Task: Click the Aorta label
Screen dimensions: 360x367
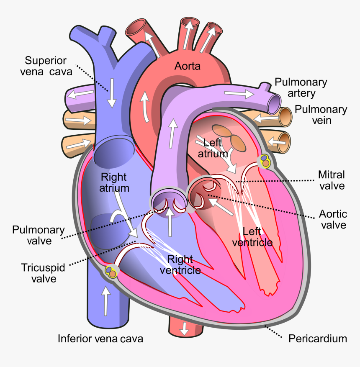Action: coord(188,66)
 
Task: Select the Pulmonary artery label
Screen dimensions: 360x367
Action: coord(301,87)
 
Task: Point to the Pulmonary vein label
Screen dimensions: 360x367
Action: coord(321,115)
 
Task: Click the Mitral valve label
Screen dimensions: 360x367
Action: coord(332,180)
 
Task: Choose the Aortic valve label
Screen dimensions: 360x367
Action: coord(333,219)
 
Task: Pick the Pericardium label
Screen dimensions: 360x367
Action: coord(318,339)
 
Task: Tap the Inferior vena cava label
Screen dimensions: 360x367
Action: coord(100,339)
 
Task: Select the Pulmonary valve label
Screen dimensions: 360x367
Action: coord(39,235)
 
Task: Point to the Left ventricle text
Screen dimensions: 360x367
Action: coord(257,236)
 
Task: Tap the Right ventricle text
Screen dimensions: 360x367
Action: coord(180,264)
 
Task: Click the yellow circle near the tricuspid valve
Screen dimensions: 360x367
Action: coord(111,272)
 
